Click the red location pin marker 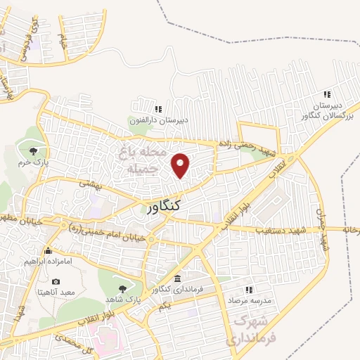pyautogui.click(x=181, y=165)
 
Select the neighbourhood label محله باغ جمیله pyautogui.click(x=143, y=160)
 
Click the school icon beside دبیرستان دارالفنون pyautogui.click(x=158, y=109)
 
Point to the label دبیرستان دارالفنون pyautogui.click(x=159, y=120)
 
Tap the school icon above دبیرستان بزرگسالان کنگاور pyautogui.click(x=326, y=94)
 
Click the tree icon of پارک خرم pyautogui.click(x=34, y=150)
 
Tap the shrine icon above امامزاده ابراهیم pyautogui.click(x=48, y=251)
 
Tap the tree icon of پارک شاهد pyautogui.click(x=124, y=288)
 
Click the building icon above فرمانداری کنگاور pyautogui.click(x=177, y=279)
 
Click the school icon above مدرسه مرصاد pyautogui.click(x=247, y=289)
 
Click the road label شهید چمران pyautogui.click(x=323, y=229)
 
